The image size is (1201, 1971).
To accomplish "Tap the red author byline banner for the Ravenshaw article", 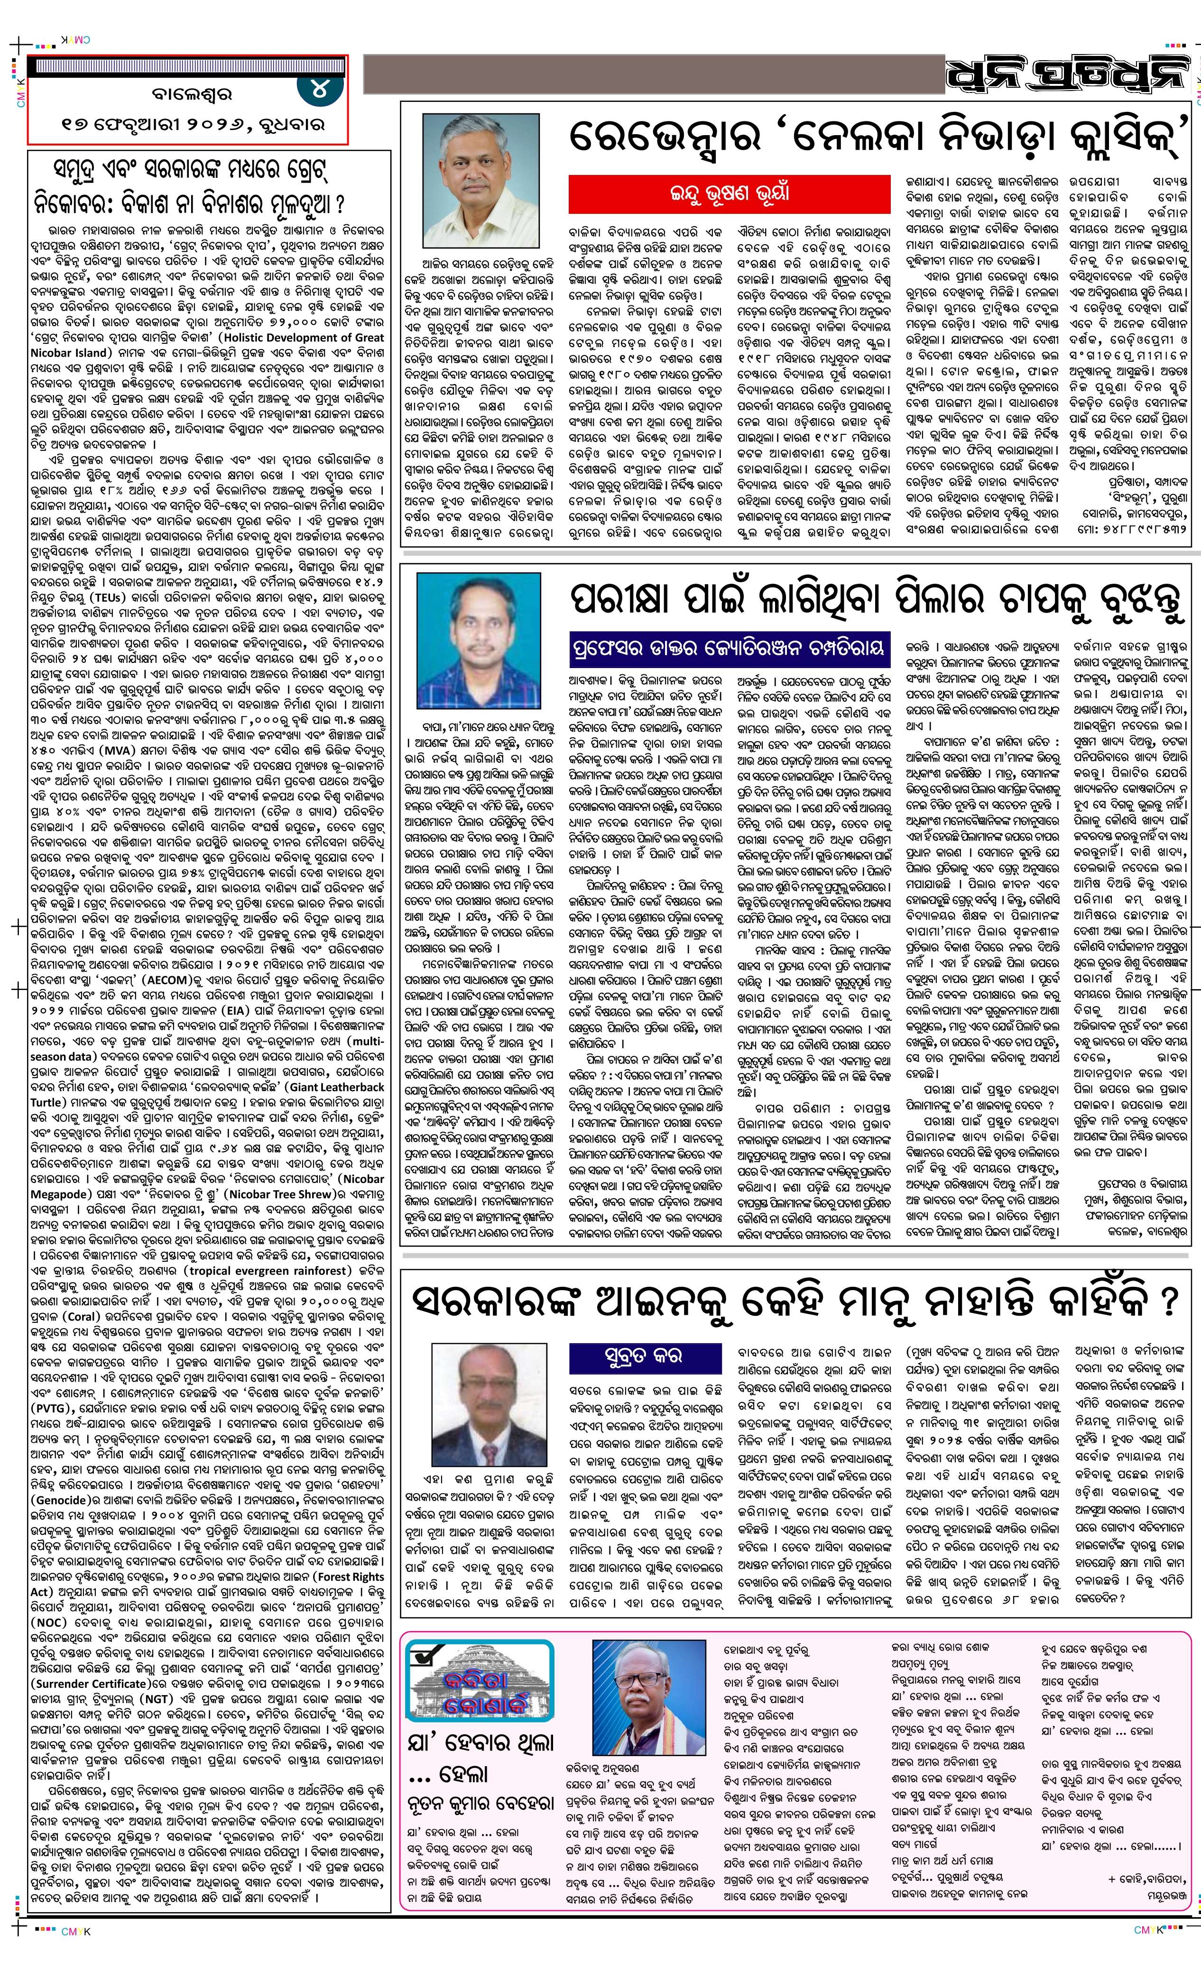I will (729, 193).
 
